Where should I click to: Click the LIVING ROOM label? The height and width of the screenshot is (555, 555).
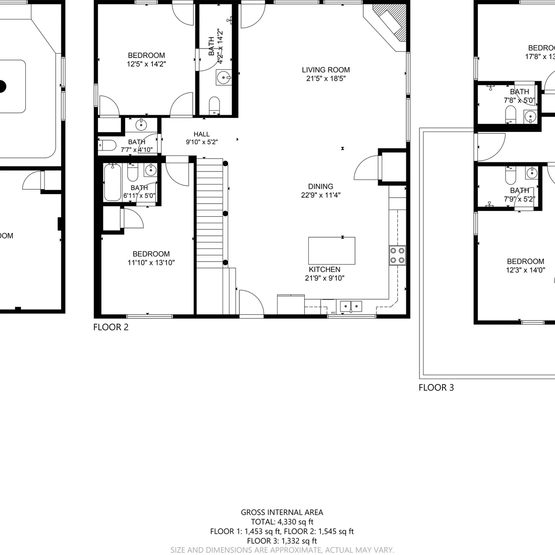point(326,70)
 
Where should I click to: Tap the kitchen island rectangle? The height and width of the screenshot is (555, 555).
point(331,251)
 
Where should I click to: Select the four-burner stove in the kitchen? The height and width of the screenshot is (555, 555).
point(397,255)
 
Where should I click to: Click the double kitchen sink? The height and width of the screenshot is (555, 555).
point(351,307)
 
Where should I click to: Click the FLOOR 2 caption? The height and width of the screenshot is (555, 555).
point(111,327)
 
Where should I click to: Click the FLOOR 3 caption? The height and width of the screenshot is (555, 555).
point(436,388)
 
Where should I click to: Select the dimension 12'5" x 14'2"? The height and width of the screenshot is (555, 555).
point(146,64)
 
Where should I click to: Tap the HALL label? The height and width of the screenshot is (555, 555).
point(201,134)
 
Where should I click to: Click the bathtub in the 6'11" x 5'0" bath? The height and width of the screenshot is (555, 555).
point(112,183)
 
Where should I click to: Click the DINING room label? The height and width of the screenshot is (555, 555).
point(321,186)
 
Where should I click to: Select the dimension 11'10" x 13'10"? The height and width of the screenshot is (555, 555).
point(151,263)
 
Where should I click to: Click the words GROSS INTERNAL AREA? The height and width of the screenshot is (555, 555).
point(282,512)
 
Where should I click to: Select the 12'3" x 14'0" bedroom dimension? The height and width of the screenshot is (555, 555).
point(525,270)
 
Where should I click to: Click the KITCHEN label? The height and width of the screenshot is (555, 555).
point(324,269)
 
